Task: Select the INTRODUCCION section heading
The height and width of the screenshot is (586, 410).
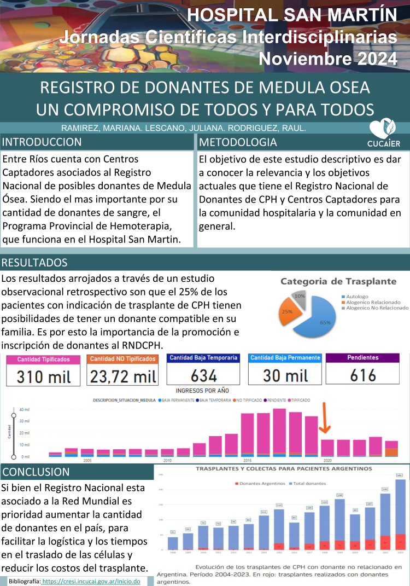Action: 43,142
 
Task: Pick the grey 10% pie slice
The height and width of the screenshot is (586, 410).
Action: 301,297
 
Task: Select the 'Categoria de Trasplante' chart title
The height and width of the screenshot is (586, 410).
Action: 338,281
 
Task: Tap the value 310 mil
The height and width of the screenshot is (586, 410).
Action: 43,376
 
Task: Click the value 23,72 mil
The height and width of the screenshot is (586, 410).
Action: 123,376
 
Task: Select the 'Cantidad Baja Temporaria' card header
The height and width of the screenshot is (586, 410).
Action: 203,358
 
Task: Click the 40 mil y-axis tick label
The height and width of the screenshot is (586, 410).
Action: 25,409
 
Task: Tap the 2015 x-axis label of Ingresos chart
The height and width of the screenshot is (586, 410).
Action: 247,461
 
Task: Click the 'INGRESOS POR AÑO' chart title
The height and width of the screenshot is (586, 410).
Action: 202,390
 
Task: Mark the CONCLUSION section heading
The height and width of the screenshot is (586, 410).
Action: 36,472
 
